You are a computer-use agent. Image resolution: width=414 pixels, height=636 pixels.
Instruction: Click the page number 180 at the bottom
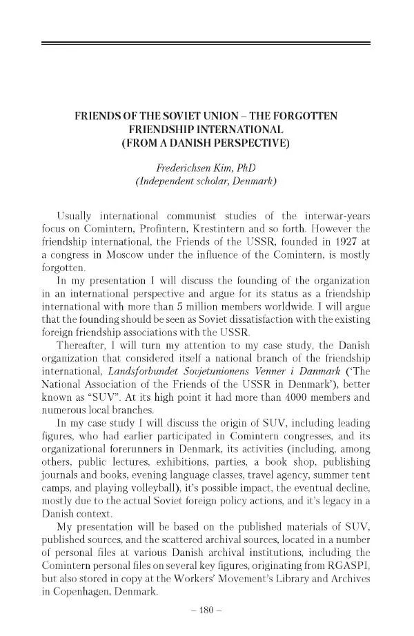pyautogui.click(x=206, y=610)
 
